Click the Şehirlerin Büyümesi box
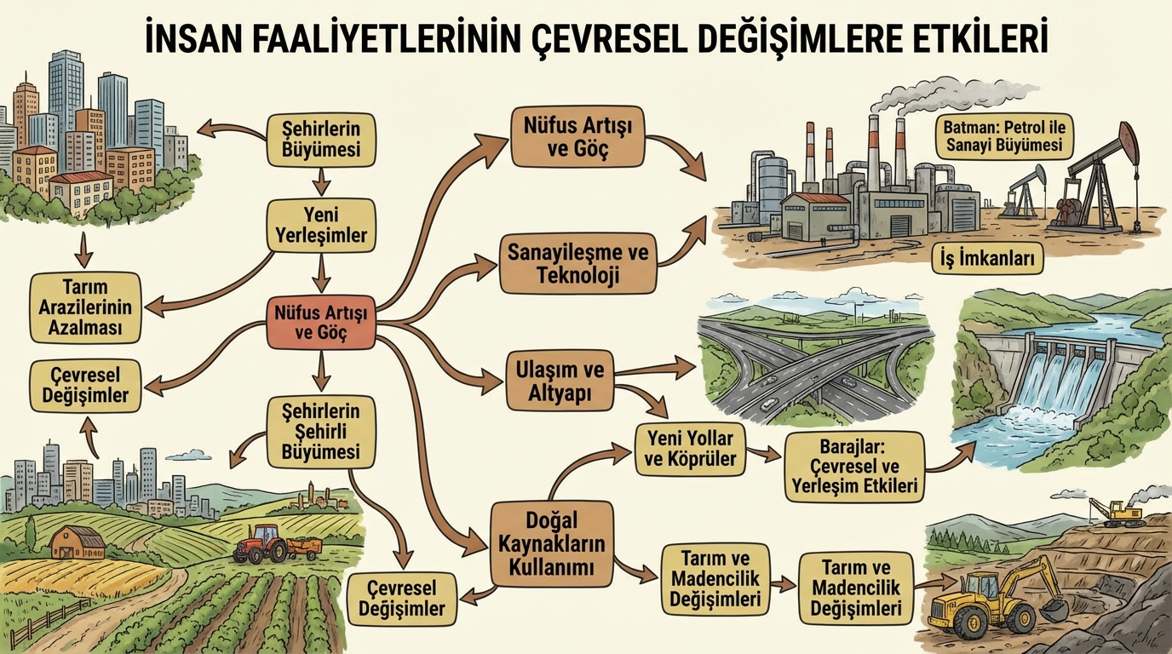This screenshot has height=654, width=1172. [320, 140]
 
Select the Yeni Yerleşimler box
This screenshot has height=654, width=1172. [320, 226]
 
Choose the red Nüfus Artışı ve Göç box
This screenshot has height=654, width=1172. [320, 323]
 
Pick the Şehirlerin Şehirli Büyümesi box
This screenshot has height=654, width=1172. [319, 432]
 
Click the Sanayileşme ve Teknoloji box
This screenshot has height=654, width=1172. [577, 264]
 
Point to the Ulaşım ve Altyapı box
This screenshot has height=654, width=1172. [560, 382]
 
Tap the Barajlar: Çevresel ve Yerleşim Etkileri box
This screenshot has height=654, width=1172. [854, 466]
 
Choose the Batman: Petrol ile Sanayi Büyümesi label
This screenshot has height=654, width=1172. [1004, 137]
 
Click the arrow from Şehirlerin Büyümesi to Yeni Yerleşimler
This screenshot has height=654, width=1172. [320, 181]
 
